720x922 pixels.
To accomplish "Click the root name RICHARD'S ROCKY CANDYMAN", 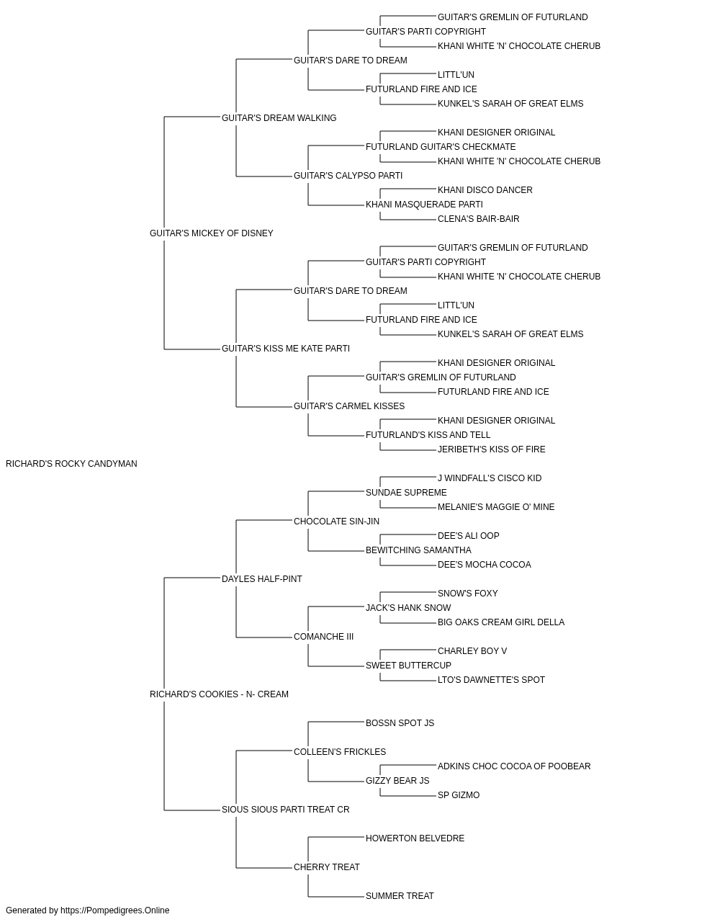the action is coord(71,464).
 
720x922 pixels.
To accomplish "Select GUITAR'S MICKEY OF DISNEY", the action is coord(211,233).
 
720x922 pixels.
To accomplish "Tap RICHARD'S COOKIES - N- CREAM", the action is coord(219,694).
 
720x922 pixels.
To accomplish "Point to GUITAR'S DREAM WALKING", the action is coord(279,118).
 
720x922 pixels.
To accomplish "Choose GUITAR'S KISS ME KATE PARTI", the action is coord(286,349).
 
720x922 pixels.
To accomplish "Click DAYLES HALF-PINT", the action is coord(261,579).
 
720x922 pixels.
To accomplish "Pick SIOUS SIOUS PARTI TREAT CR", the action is coord(285,810).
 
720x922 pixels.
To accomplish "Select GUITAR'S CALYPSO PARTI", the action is coord(348,176).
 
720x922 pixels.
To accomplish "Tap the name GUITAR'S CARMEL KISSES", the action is coord(349,406).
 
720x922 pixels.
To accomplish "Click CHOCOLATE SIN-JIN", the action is coord(336,522).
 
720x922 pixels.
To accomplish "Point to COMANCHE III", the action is coord(323,637).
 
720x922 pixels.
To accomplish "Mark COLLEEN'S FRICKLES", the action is coord(340,752).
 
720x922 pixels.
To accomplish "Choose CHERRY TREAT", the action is coord(326,867).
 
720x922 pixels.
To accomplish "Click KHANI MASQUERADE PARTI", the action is coord(424,205).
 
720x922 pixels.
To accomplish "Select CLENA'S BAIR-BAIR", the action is coord(478,219).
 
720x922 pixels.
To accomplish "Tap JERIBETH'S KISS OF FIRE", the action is coord(492,449).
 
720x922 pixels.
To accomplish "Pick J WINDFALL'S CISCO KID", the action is coord(490,478).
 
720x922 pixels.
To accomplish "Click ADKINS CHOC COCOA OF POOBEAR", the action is coord(514,766).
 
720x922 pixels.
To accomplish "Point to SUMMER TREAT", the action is coord(400,896).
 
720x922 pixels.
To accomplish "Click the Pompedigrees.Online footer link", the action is coord(115,910).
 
